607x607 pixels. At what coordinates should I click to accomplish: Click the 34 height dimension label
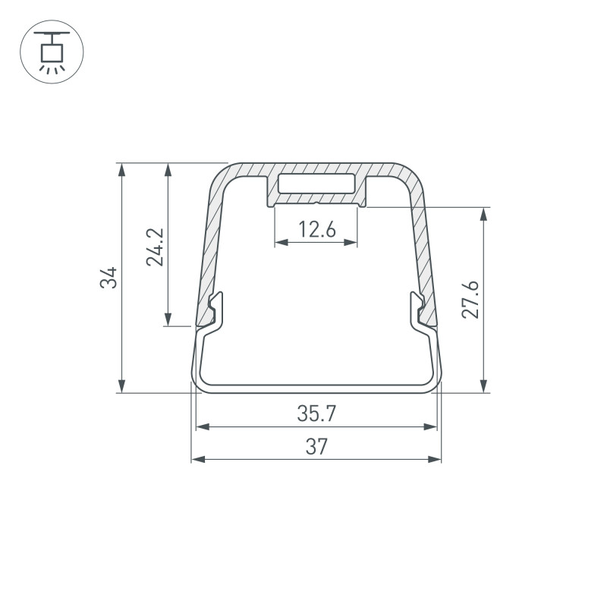tap(111, 278)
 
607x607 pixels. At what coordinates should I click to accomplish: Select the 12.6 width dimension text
tap(316, 228)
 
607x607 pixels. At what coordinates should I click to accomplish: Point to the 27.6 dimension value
tap(471, 299)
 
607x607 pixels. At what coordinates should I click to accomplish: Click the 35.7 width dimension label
tap(316, 414)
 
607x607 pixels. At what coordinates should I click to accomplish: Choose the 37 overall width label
tap(316, 447)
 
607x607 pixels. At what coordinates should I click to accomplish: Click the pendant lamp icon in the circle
tap(52, 51)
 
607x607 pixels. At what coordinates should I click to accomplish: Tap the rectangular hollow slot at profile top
tap(316, 184)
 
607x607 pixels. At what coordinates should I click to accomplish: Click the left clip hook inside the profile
tap(215, 311)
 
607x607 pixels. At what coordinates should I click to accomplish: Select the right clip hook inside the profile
tap(418, 311)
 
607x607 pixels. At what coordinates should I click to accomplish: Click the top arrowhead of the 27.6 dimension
tap(483, 213)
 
